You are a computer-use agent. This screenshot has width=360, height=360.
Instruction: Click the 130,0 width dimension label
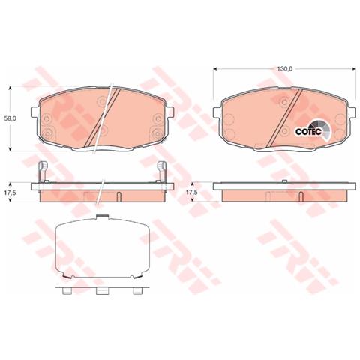click(284, 69)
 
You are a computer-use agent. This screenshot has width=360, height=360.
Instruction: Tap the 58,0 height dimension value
click(10, 119)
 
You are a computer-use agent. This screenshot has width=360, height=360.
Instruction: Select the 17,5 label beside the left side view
click(10, 193)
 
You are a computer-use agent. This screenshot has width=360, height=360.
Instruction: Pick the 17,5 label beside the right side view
click(192, 193)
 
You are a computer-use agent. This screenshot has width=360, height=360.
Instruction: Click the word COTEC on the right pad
click(308, 132)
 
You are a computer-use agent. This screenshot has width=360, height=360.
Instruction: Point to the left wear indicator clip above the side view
click(43, 172)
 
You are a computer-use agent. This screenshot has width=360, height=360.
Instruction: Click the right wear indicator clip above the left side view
click(161, 172)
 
